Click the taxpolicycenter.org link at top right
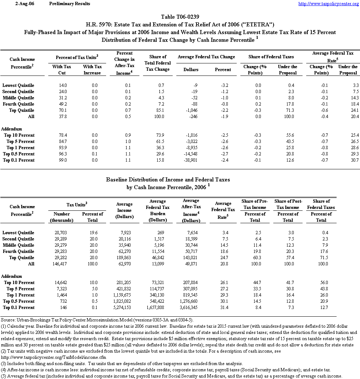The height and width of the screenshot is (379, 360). tap(329, 4)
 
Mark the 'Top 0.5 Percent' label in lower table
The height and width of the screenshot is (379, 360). tap(19, 301)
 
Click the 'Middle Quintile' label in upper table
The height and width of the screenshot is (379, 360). tap(19, 98)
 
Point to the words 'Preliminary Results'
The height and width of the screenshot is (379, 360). tap(69, 4)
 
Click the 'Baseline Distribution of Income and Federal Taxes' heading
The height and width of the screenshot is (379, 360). tap(168, 180)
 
